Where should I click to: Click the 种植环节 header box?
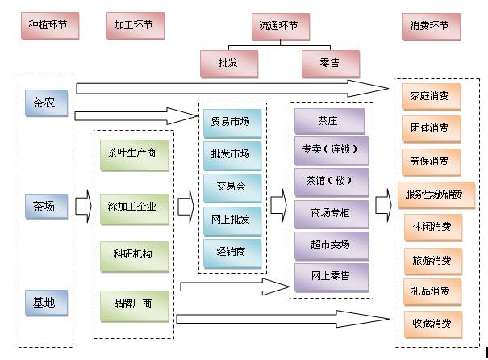tap(48, 25)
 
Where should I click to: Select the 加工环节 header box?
tap(134, 25)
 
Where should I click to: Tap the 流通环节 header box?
tap(280, 25)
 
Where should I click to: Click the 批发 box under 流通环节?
tap(228, 63)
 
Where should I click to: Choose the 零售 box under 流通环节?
tap(329, 63)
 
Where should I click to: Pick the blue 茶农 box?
tap(45, 103)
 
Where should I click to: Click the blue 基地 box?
tap(45, 304)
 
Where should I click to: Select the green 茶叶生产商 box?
tap(136, 153)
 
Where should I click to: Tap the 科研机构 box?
tap(136, 256)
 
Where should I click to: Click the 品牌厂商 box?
tap(136, 305)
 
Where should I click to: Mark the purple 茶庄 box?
tap(329, 122)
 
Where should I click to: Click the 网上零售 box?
tap(331, 276)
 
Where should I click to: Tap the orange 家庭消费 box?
tap(431, 96)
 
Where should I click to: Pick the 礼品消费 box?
tap(431, 291)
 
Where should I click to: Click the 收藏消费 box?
tap(431, 324)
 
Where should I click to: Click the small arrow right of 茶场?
tap(83, 207)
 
